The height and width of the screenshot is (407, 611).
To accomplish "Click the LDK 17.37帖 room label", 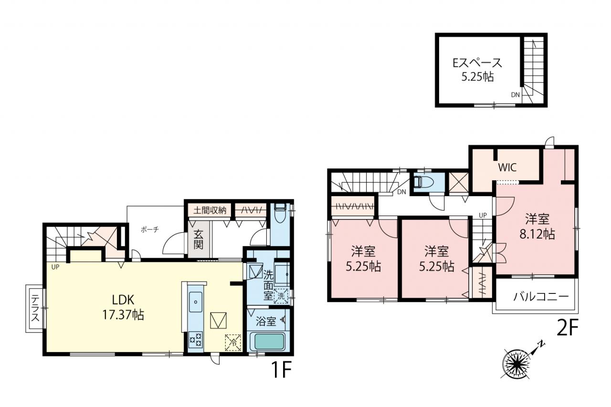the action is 123,307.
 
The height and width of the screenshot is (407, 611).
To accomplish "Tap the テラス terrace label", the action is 35,308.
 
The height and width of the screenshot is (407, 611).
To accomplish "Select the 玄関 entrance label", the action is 199,240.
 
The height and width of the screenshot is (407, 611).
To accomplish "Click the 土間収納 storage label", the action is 210,210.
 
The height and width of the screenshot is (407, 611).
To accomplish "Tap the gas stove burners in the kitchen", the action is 196,340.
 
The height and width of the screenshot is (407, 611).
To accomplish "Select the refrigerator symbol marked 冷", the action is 233,343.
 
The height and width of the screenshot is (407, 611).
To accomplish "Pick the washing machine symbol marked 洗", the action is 281,296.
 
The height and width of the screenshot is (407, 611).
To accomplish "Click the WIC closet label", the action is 507,167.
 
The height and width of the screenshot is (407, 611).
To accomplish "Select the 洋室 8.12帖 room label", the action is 537,226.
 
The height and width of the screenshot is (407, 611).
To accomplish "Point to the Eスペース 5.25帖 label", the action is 478,70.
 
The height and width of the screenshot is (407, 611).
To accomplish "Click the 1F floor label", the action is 282,370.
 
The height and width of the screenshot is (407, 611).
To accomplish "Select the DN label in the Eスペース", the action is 515,95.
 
